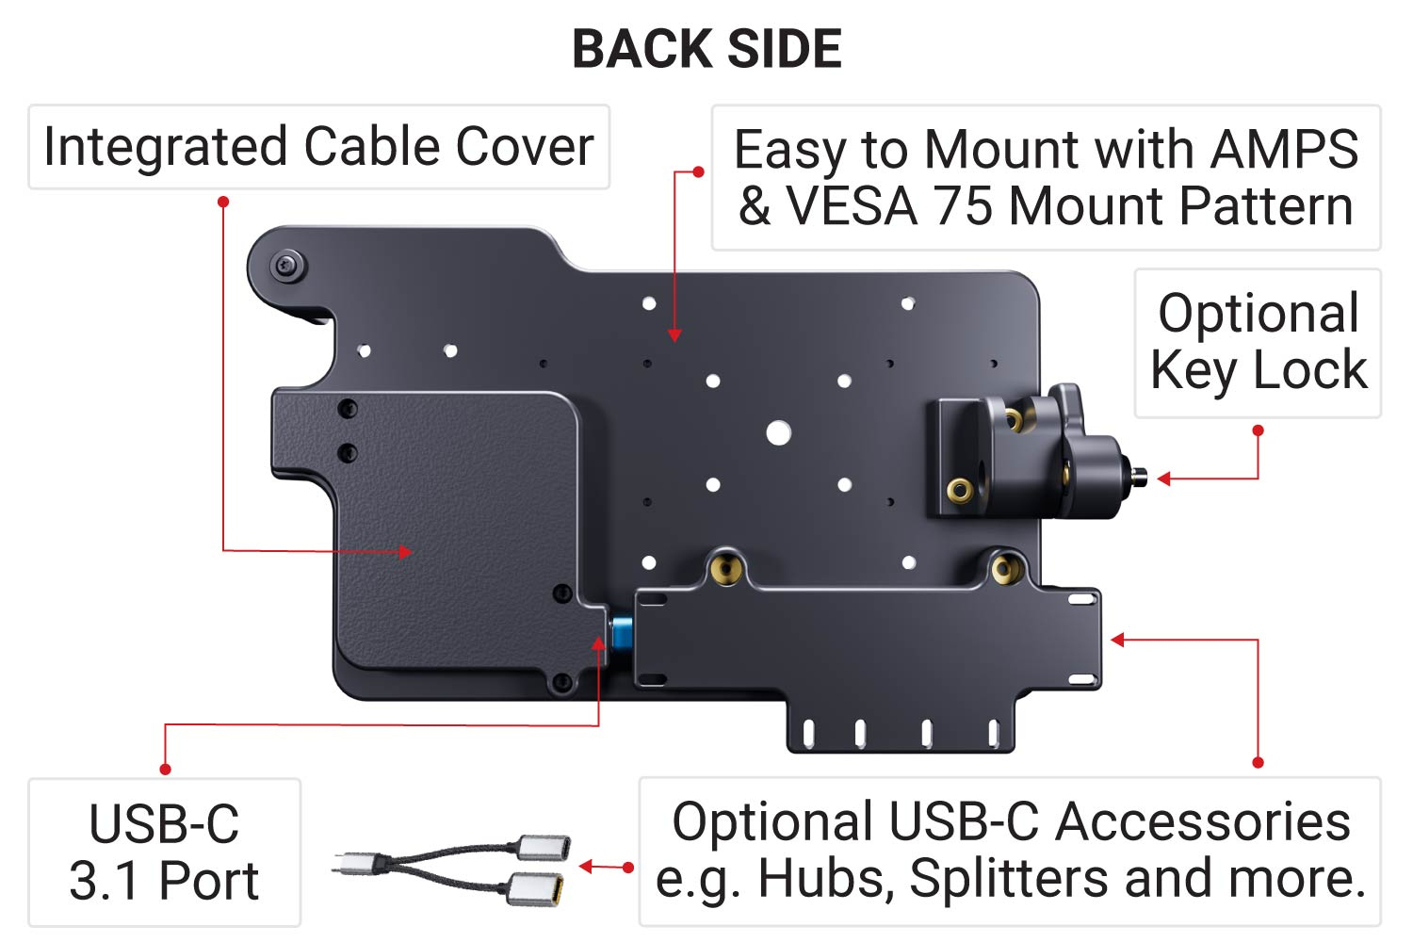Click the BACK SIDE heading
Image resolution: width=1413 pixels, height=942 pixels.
point(706,49)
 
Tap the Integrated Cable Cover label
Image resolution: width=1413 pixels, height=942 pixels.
point(318,147)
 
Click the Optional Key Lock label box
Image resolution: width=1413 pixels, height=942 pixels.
point(1258,342)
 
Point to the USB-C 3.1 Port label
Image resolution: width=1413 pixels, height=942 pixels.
point(164,853)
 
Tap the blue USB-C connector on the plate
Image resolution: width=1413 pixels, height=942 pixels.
point(621,633)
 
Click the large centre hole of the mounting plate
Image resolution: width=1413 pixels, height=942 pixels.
point(778,433)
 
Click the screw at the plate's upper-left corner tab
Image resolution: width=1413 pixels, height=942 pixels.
point(287,266)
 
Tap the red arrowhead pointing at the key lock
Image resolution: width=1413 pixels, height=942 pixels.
point(1163,479)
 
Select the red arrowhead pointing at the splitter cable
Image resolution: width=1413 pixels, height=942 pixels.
point(585,867)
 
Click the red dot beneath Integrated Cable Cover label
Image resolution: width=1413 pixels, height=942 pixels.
point(223,202)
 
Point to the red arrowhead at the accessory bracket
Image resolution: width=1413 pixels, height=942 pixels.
point(1118,640)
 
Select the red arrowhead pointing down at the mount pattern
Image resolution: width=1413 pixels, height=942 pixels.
point(674,335)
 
